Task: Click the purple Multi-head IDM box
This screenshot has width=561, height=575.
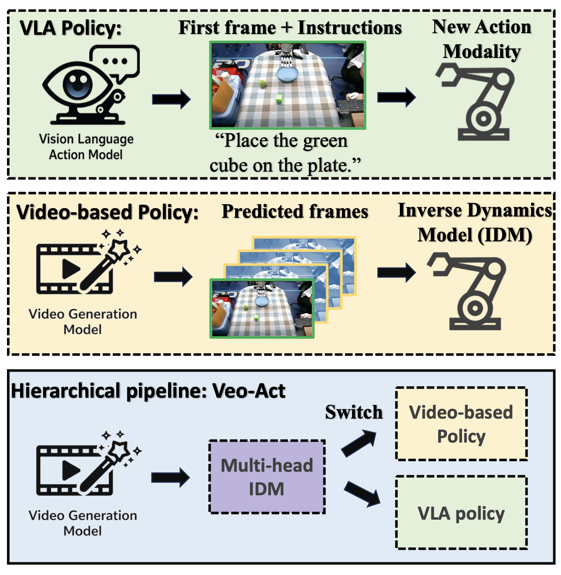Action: (267, 477)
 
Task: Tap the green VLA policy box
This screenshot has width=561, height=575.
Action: (461, 513)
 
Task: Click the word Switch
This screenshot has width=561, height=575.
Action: (354, 412)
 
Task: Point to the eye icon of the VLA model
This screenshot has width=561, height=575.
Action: (78, 85)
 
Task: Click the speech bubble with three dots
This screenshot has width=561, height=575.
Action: (115, 63)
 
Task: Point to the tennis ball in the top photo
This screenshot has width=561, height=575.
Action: (262, 83)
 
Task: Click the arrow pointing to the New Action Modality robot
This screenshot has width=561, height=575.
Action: (396, 97)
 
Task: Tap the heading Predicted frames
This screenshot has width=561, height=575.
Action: (295, 211)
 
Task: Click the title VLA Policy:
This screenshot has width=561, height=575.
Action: (70, 28)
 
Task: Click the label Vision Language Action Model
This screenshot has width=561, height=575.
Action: (86, 147)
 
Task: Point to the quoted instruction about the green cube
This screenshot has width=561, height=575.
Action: (285, 152)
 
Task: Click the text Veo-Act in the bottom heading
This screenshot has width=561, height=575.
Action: (249, 391)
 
